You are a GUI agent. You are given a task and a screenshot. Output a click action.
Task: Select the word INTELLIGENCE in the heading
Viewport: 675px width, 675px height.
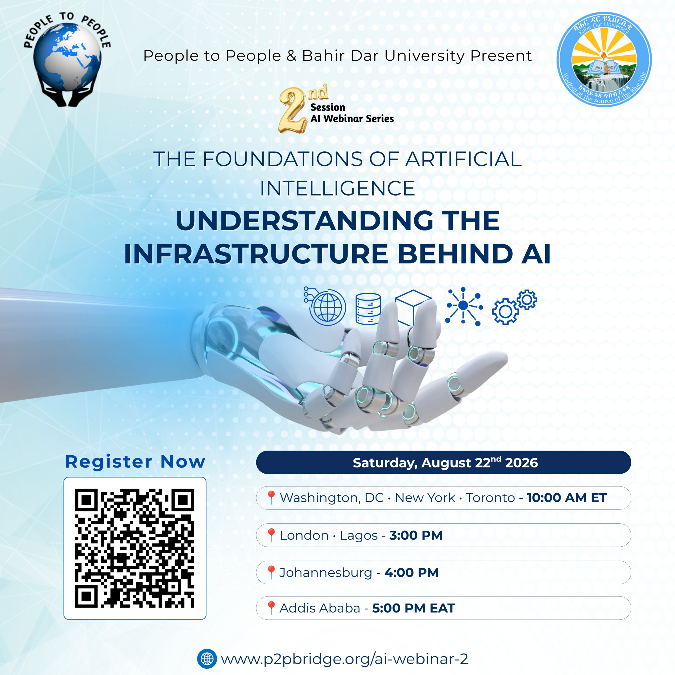click(x=337, y=189)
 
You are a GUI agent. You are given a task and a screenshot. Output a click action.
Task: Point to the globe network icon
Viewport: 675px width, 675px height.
click(x=325, y=306)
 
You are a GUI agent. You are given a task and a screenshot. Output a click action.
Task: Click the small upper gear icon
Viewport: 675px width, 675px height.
click(x=527, y=300)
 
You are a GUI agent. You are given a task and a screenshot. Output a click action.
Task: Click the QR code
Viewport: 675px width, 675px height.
click(x=134, y=548)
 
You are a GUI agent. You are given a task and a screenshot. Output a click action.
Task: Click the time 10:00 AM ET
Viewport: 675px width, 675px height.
click(x=567, y=498)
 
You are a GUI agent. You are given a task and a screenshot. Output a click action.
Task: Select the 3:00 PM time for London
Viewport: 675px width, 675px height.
click(x=416, y=535)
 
